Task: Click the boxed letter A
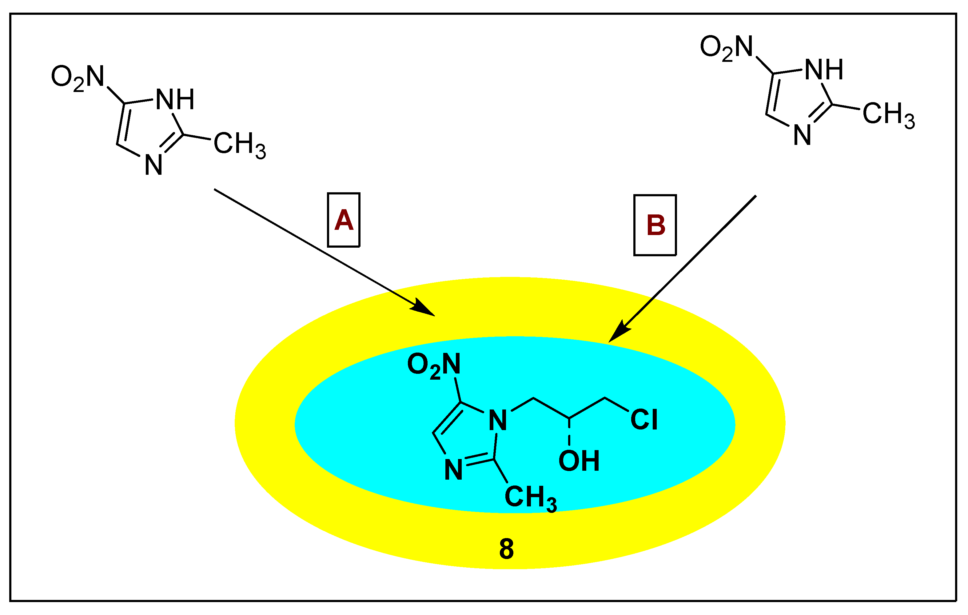tap(344, 220)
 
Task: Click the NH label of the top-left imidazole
tap(175, 99)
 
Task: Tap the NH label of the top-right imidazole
tap(824, 70)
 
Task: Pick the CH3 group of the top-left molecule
tap(239, 144)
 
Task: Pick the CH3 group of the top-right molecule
tap(888, 114)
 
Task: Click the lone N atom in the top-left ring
tap(153, 165)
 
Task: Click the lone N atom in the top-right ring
tap(802, 135)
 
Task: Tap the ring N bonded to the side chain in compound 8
tap(498, 421)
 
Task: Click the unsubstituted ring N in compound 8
tap(453, 470)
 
